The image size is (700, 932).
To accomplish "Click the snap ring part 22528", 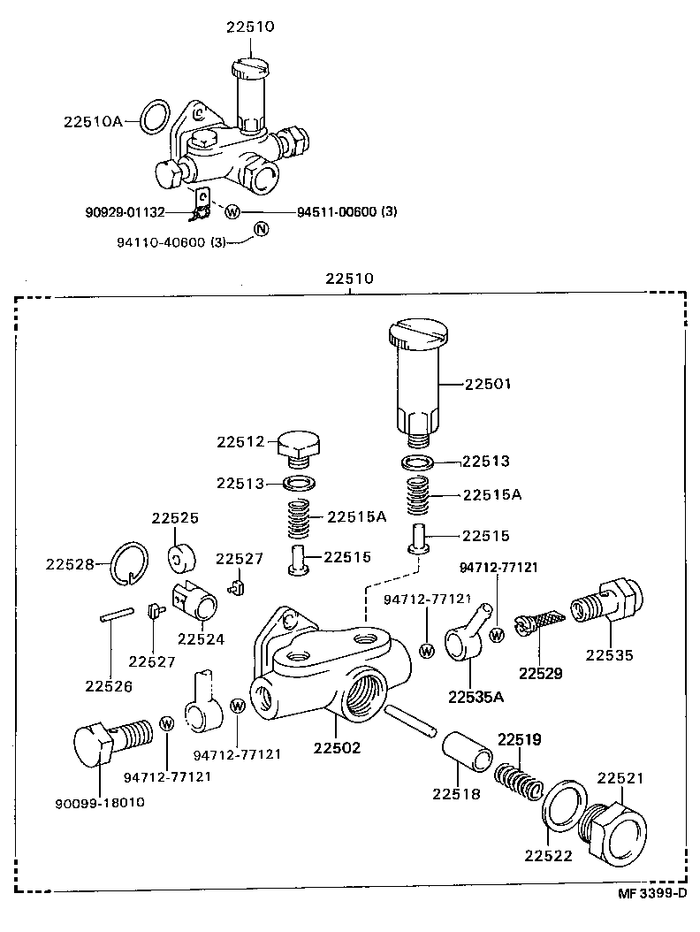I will click(131, 562).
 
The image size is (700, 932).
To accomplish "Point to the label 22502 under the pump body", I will click(337, 748).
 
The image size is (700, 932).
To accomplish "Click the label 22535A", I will click(476, 697).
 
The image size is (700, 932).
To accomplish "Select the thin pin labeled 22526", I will click(118, 613).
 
